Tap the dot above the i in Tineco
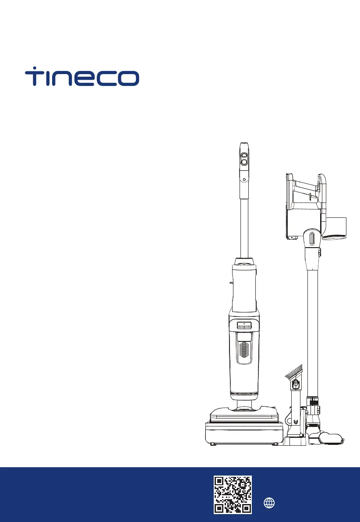point(35,67)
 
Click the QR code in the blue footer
point(233,494)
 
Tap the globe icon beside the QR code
point(269,503)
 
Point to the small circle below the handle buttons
point(244,179)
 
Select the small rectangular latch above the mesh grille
point(244,325)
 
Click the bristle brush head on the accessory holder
point(294,372)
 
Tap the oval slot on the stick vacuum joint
point(312,239)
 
